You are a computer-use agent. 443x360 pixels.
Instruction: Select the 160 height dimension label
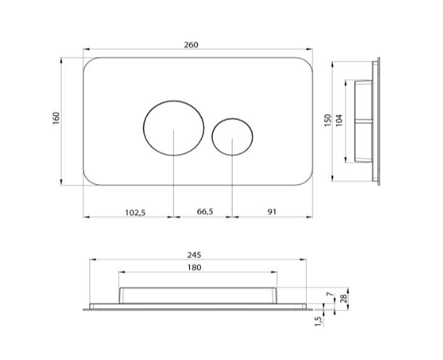[x=56, y=118]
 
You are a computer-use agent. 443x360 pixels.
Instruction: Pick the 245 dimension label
[x=194, y=254]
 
